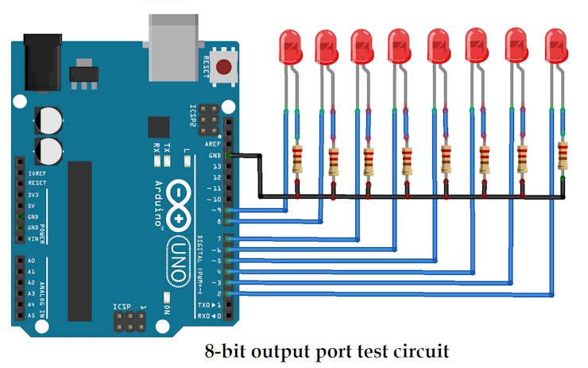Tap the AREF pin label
[213, 145]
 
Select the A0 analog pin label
[31, 261]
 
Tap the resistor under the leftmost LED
[298, 159]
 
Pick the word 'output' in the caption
[307, 351]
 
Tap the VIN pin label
[33, 238]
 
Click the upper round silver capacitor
[47, 121]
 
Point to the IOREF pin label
[37, 172]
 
